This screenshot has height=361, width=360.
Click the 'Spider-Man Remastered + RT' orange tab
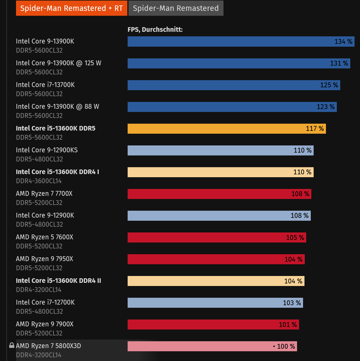pyautogui.click(x=72, y=8)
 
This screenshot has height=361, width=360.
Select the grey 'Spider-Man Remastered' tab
pyautogui.click(x=176, y=8)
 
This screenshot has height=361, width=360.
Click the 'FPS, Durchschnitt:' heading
pyautogui.click(x=155, y=29)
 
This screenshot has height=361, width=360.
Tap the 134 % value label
pyautogui.click(x=343, y=42)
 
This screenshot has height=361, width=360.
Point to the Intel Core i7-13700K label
pyautogui.click(x=45, y=85)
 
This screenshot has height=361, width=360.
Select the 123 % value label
pyautogui.click(x=325, y=107)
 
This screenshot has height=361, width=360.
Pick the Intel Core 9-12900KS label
pyautogui.click(x=47, y=150)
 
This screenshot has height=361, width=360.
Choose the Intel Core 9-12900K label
pyautogui.click(x=45, y=215)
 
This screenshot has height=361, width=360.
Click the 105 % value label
pyautogui.click(x=295, y=238)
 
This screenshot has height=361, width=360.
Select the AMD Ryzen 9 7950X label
pyautogui.click(x=44, y=259)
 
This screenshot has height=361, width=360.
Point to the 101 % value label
pyautogui.click(x=288, y=325)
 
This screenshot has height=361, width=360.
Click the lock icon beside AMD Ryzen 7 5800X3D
pyautogui.click(x=12, y=345)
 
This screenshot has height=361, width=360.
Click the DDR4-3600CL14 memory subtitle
pyautogui.click(x=39, y=181)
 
